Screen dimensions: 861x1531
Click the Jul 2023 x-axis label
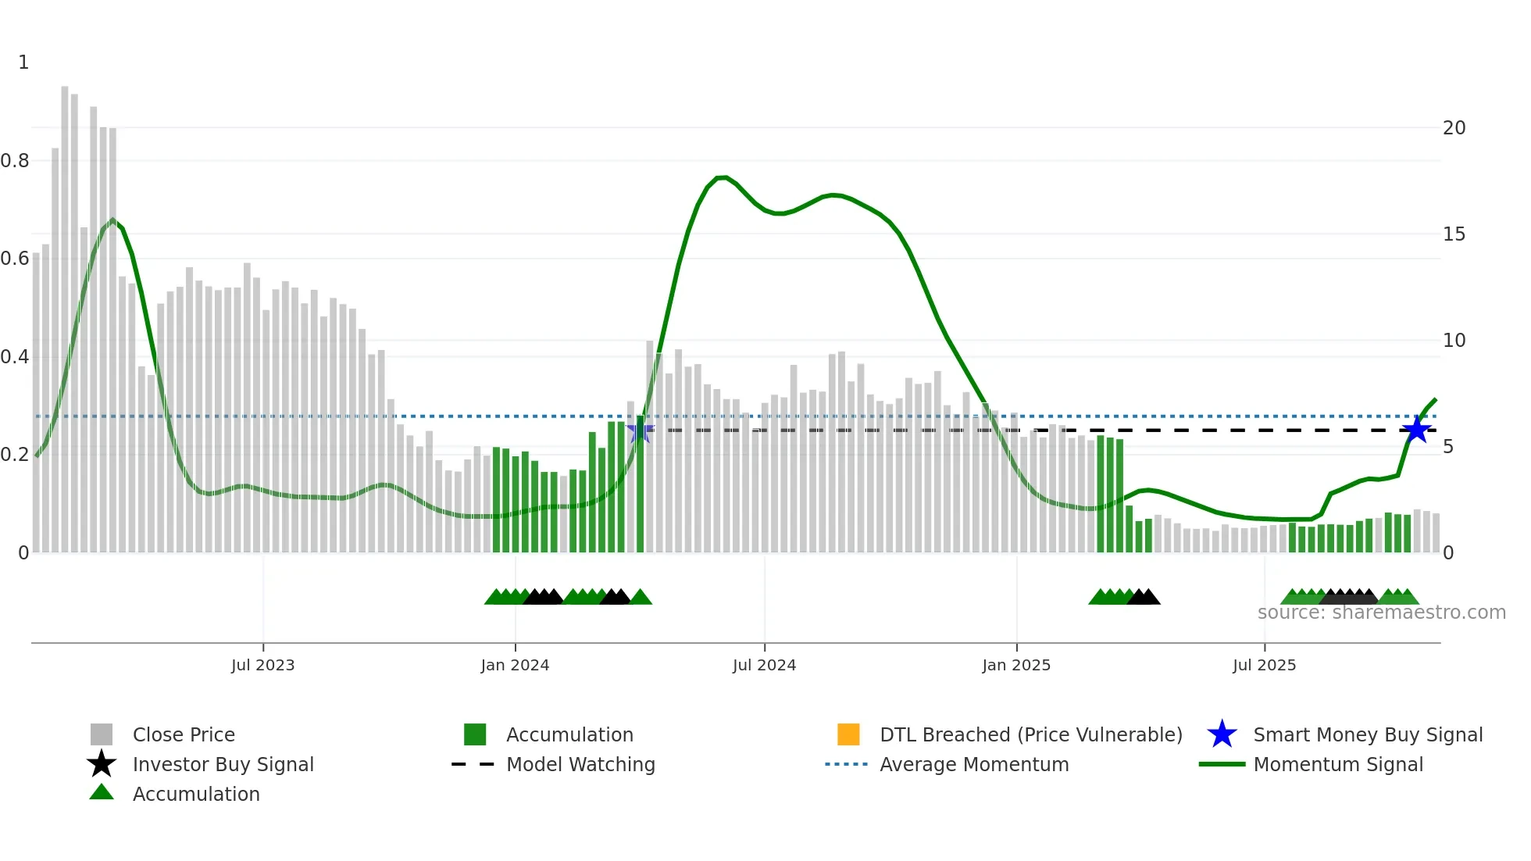click(262, 666)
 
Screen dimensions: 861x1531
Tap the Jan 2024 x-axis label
click(515, 666)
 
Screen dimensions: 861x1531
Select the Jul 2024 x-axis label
click(764, 666)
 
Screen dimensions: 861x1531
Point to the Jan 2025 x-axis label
click(1016, 666)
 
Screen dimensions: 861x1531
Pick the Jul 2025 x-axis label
click(1264, 666)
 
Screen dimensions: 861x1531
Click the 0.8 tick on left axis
click(15, 161)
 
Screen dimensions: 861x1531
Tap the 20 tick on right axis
click(1454, 128)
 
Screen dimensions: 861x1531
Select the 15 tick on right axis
click(1454, 234)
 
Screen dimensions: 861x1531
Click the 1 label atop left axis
click(23, 63)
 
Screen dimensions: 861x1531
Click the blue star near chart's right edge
click(1416, 430)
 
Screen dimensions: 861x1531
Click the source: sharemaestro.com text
click(1381, 613)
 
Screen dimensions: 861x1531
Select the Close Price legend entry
click(184, 735)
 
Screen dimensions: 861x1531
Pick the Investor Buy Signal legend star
click(102, 764)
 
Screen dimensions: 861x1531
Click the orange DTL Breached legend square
click(848, 734)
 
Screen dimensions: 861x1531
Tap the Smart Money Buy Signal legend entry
click(1367, 735)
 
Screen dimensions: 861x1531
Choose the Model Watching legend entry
click(580, 765)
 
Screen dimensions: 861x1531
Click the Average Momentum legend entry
click(973, 765)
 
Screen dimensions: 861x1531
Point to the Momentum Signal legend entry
click(1337, 765)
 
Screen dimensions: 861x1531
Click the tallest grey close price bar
click(65, 313)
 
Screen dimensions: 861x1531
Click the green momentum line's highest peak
click(722, 177)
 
